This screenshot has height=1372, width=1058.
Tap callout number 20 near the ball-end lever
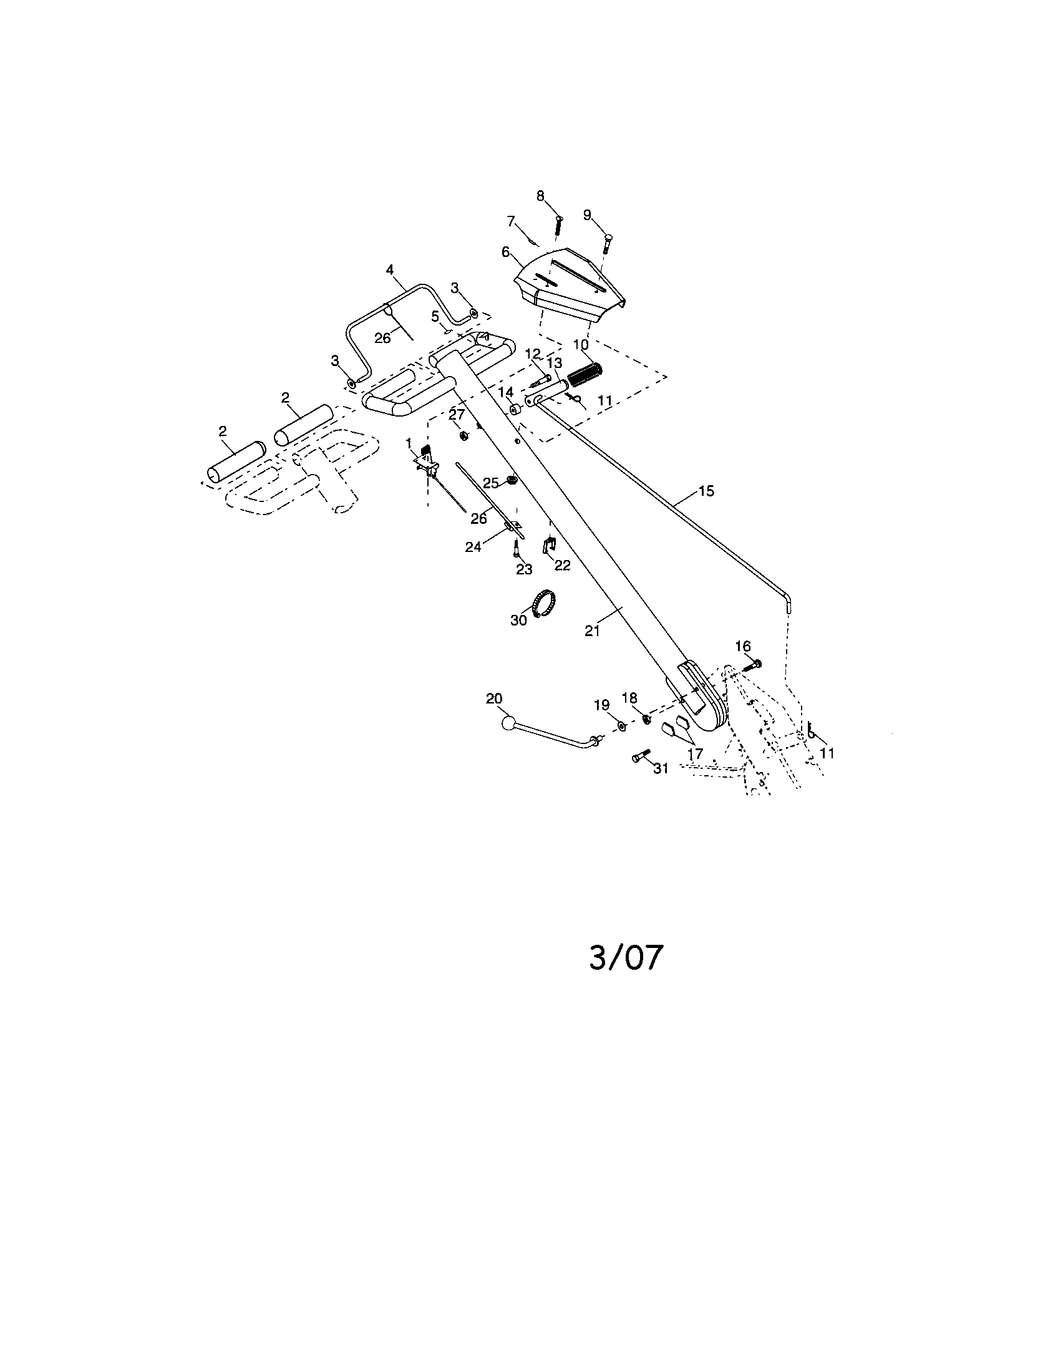click(495, 698)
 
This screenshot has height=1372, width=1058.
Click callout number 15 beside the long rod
click(706, 491)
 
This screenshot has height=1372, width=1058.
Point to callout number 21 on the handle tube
click(593, 630)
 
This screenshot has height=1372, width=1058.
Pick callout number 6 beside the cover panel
click(506, 253)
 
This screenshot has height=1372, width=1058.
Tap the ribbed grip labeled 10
click(585, 375)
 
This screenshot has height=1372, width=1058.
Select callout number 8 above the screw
click(540, 196)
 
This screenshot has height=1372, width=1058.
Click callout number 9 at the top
click(587, 215)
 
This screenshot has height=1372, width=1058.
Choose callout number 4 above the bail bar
click(389, 270)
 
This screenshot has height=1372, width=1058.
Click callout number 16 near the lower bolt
click(742, 646)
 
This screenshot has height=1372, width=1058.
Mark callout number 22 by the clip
click(562, 565)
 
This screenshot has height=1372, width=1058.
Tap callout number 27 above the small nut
click(456, 415)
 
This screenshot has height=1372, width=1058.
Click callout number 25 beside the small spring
click(491, 483)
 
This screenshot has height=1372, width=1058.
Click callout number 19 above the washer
click(602, 705)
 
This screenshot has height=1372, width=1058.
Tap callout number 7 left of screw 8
click(511, 221)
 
